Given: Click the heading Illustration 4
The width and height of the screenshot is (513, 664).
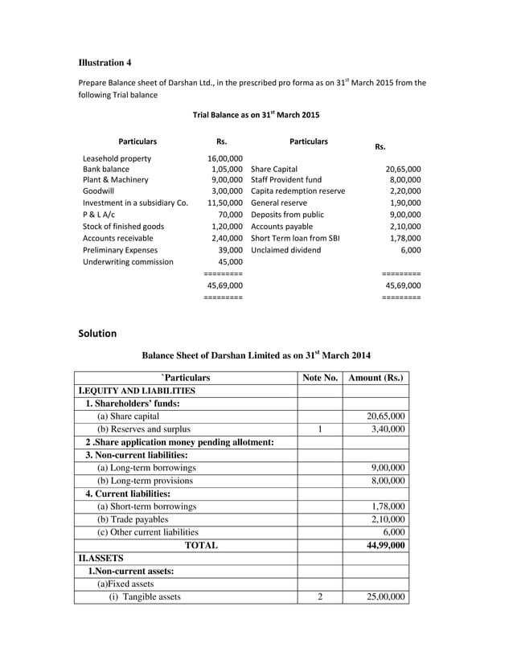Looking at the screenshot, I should pyautogui.click(x=105, y=63).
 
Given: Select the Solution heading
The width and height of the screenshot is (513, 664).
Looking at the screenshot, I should pyautogui.click(x=97, y=333).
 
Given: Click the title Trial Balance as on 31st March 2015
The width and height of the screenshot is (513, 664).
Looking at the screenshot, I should pyautogui.click(x=256, y=115).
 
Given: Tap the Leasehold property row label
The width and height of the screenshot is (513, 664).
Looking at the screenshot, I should pyautogui.click(x=117, y=158).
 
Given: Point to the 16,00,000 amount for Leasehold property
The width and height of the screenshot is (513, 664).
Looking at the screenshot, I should pyautogui.click(x=225, y=158).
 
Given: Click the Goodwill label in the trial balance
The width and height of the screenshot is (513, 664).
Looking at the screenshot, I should pyautogui.click(x=101, y=192).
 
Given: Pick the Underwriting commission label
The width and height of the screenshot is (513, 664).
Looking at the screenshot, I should pyautogui.click(x=128, y=261).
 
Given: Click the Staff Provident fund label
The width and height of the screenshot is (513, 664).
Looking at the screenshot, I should pyautogui.click(x=286, y=181).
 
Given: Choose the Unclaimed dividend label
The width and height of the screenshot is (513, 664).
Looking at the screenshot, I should pyautogui.click(x=285, y=250).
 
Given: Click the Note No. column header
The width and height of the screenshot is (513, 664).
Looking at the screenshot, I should pyautogui.click(x=319, y=377).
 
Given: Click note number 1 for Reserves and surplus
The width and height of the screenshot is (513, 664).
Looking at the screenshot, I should pyautogui.click(x=319, y=429).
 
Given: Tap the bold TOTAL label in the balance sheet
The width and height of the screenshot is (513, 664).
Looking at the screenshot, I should pyautogui.click(x=201, y=545).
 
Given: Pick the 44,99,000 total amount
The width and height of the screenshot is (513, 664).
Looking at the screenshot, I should pyautogui.click(x=385, y=545).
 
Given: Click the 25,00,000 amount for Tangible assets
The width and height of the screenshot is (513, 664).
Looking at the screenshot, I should pyautogui.click(x=385, y=596).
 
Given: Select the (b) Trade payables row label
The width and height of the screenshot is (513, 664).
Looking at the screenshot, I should pyautogui.click(x=133, y=519).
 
